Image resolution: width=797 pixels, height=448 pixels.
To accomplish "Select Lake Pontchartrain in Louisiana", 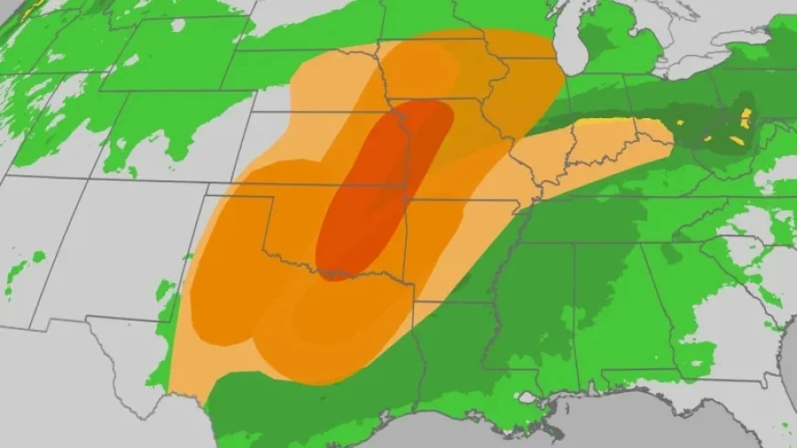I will pyautogui.click(x=526, y=398).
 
